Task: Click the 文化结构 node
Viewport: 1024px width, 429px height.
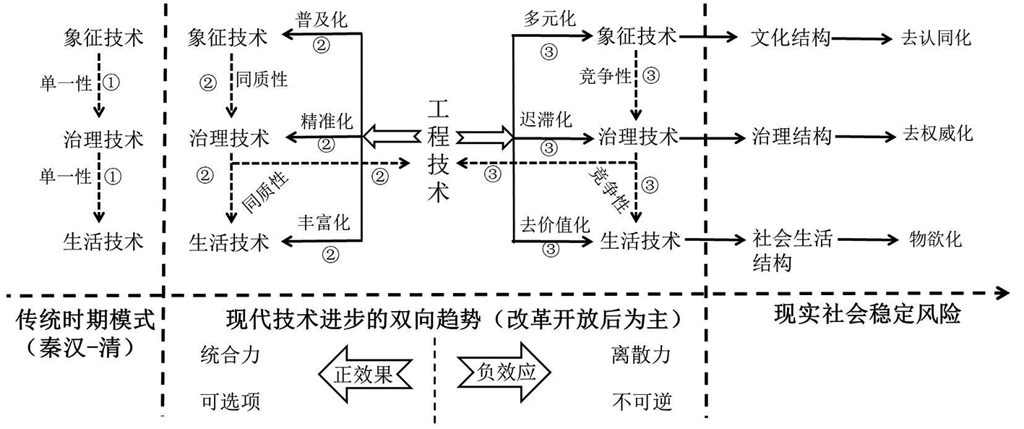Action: [x=791, y=38]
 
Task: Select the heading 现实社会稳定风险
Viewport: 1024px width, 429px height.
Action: [x=867, y=315]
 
